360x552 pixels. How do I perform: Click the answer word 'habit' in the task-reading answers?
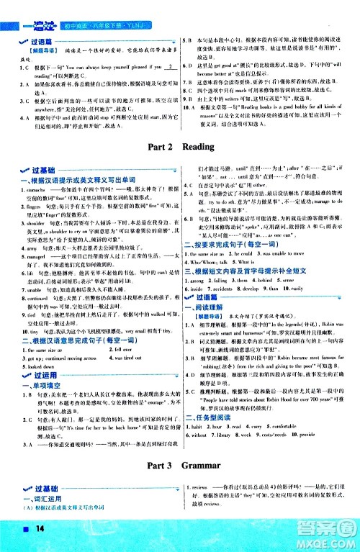[201, 426]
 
